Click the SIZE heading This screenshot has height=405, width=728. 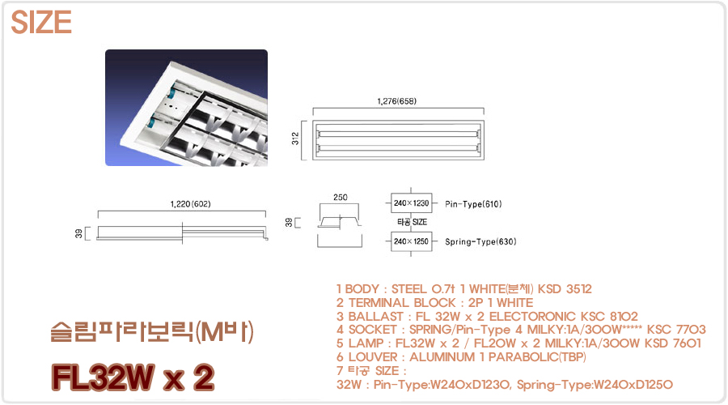pos(41,23)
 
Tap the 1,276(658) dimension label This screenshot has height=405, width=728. pos(397,101)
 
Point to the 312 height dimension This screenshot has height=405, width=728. pos(295,139)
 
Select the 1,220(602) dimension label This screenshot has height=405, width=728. pos(190,203)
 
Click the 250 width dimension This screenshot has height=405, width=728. pos(341,197)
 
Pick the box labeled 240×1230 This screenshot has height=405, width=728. pos(412,203)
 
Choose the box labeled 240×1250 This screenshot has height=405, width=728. pos(412,241)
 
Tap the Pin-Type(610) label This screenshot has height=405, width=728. pos(473,204)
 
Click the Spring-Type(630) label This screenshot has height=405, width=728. pos(480,242)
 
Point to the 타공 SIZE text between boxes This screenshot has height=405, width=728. pos(412,222)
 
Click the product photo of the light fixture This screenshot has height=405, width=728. pos(186,108)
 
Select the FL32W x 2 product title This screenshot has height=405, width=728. pos(133,377)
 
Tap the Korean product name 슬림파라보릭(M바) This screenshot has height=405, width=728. pos(152,332)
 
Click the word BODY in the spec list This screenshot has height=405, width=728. pos(362,289)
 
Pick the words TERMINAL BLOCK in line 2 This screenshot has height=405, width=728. pos(402,303)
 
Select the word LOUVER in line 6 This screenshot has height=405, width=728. pos(373,357)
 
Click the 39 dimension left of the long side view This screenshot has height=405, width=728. pos(78,233)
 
